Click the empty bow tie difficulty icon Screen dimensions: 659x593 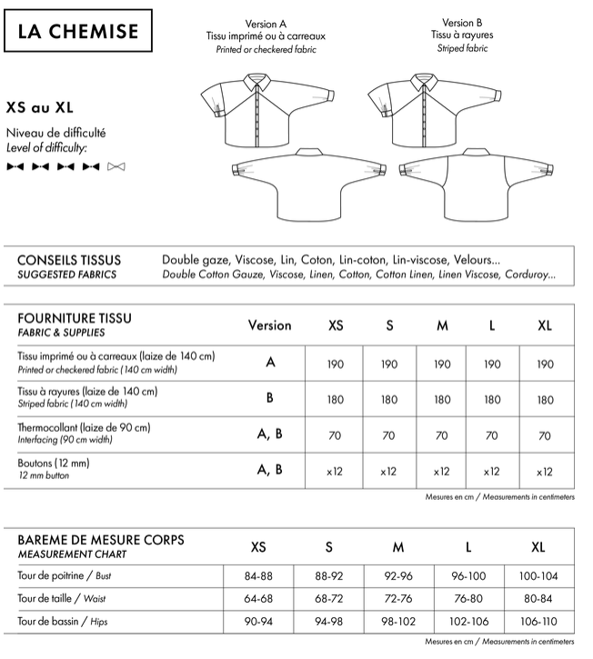click(116, 166)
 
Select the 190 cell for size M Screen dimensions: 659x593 click(442, 364)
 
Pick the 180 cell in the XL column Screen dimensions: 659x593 click(544, 399)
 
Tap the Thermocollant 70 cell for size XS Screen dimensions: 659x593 click(336, 435)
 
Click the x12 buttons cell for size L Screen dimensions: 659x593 click(491, 471)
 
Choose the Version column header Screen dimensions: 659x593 click(269, 325)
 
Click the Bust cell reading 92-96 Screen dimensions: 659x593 click(398, 575)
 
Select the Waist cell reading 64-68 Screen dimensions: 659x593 click(258, 599)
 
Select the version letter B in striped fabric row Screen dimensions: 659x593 click(270, 397)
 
